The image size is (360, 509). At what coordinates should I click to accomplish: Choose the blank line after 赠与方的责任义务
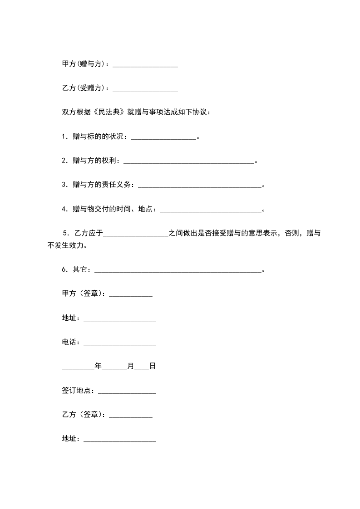coord(199,185)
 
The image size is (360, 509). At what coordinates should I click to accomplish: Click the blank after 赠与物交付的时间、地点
coord(211,210)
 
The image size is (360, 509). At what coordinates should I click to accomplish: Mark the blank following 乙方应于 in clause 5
coord(136,234)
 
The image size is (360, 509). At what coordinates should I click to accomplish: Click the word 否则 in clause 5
coord(291,234)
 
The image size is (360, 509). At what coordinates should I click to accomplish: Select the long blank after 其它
coord(178,270)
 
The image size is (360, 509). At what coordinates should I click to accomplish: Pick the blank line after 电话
coord(120,343)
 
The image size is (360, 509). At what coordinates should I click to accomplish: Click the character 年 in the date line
coord(98,366)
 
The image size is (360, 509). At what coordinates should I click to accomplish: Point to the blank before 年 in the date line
coord(78,367)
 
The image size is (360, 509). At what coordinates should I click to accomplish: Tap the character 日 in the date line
coord(153,366)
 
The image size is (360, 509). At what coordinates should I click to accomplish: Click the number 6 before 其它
coord(64,270)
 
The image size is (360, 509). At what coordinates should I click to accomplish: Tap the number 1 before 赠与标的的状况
coord(64,136)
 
